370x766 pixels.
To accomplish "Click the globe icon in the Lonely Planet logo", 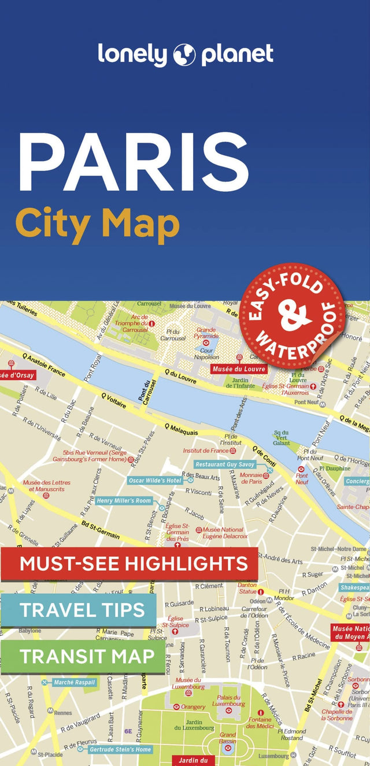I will point(184,54).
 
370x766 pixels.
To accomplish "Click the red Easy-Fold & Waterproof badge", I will point(293,315).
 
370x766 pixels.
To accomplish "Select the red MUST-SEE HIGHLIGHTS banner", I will point(129,563).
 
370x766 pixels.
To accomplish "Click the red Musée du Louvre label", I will point(239,369).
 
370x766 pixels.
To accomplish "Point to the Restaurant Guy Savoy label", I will point(225,464).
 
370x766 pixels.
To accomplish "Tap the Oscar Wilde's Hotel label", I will point(155,480).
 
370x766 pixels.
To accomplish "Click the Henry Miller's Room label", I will point(123,501).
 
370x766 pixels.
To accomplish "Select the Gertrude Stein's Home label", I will point(120,749).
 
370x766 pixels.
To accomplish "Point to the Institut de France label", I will point(206,450).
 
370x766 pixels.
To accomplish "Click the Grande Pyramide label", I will point(206,333).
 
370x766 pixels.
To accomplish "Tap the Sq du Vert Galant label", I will point(282,437).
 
